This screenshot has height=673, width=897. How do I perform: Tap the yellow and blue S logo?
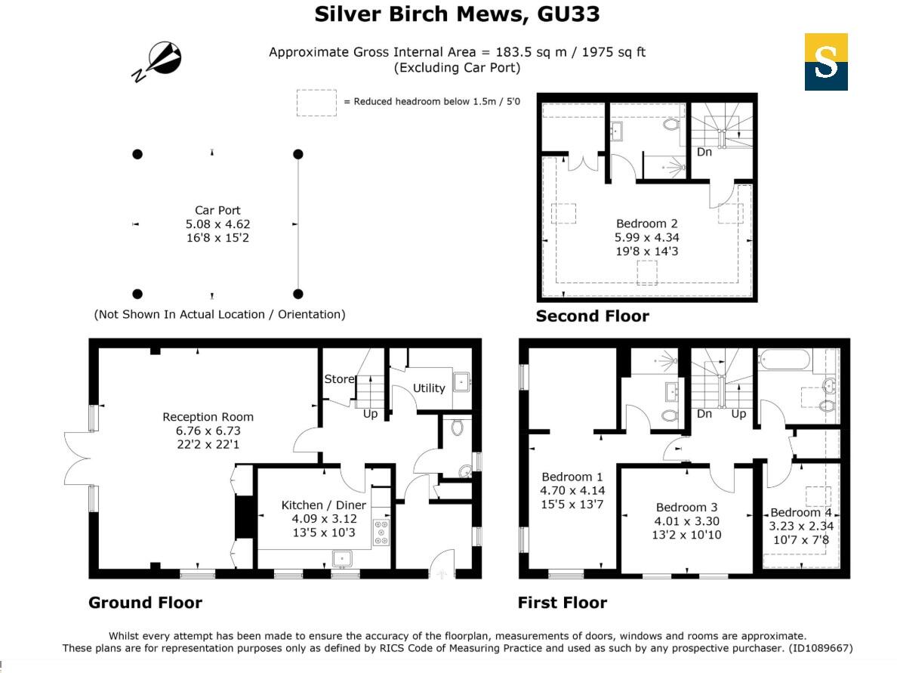click(825, 62)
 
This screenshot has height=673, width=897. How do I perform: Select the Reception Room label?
click(208, 417)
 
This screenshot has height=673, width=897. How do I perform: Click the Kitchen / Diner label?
click(323, 505)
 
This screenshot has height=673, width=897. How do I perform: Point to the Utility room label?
click(428, 387)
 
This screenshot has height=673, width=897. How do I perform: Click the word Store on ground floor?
click(339, 378)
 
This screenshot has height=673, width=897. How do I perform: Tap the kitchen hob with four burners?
click(381, 533)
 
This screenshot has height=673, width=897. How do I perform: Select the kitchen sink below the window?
click(344, 559)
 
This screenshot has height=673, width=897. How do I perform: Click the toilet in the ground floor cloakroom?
click(455, 428)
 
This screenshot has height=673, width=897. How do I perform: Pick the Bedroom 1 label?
click(572, 477)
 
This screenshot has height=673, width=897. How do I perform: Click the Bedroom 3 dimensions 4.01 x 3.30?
click(686, 521)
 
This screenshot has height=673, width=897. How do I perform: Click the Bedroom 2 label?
click(646, 224)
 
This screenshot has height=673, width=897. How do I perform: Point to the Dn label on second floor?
click(704, 152)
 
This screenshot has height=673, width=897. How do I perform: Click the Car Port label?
click(217, 211)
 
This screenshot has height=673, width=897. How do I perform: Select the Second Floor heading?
click(592, 316)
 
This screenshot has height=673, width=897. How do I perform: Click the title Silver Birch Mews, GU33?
click(457, 14)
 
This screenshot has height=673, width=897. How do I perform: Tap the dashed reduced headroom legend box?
click(316, 102)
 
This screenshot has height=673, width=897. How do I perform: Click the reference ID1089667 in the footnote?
click(820, 648)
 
